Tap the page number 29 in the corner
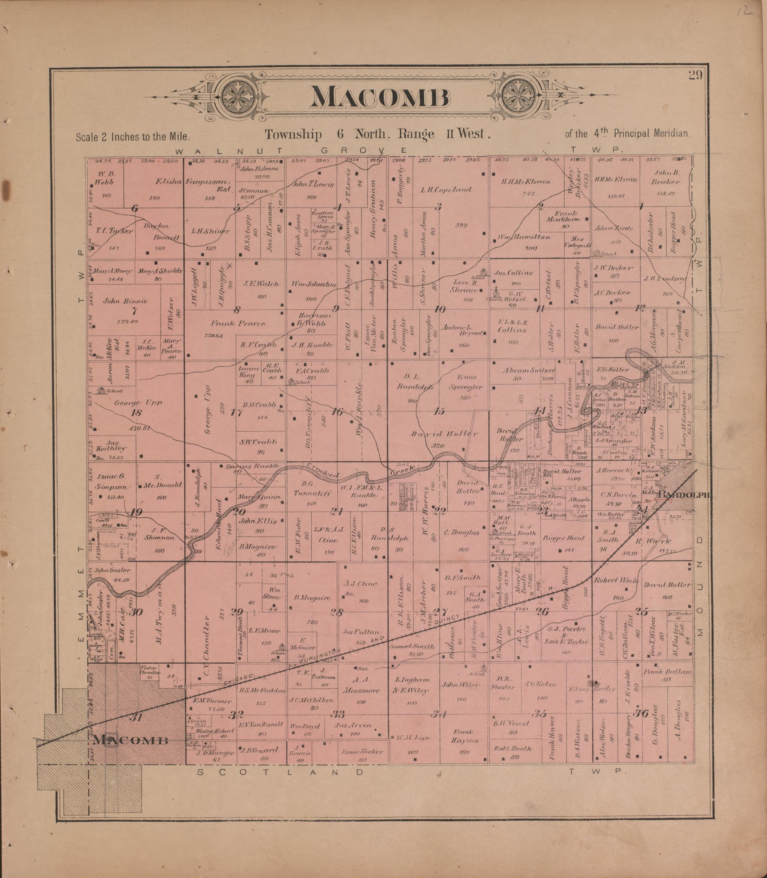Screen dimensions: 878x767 pos(696,76)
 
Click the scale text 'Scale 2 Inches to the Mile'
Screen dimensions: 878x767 pos(133,137)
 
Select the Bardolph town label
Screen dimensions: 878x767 pos(685,495)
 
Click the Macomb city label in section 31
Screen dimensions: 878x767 pos(130,740)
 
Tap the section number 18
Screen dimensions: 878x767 pos(137,413)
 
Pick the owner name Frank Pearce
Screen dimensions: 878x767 pos(238,323)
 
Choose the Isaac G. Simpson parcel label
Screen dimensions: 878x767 pos(110,482)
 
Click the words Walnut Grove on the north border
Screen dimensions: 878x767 pos(291,151)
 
